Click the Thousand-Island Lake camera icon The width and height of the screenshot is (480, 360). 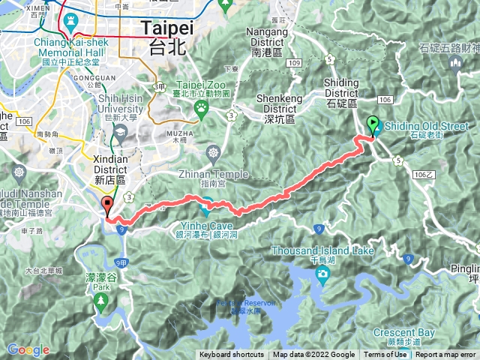click(x=322, y=276)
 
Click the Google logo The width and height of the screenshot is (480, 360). click(x=28, y=349)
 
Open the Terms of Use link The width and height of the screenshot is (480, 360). click(x=385, y=355)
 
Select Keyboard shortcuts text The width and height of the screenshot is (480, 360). click(x=232, y=355)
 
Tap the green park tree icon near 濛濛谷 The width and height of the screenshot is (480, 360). click(x=101, y=301)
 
